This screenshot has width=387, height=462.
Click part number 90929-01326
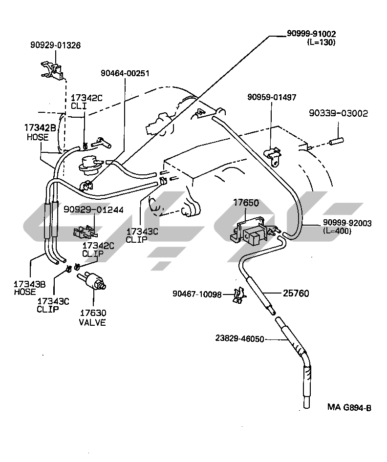click(x=55, y=45)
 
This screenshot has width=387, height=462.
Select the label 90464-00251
click(x=125, y=73)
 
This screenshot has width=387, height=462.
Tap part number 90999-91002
click(x=311, y=34)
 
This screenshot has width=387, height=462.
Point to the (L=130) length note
click(x=321, y=42)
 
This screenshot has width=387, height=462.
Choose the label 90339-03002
click(x=338, y=113)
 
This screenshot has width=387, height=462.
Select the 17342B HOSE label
click(x=40, y=132)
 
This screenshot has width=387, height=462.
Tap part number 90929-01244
click(x=93, y=210)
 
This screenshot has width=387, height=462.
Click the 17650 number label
click(x=246, y=203)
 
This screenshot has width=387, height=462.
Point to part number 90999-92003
click(x=347, y=223)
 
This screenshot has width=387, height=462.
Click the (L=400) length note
click(x=337, y=231)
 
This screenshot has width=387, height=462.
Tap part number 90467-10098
click(x=197, y=294)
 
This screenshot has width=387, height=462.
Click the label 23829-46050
click(x=239, y=338)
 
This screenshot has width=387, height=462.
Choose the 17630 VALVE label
click(x=93, y=317)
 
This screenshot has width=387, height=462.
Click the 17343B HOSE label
click(x=29, y=288)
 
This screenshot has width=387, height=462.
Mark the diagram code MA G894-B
click(x=349, y=407)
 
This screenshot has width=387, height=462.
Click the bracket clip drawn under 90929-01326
click(x=52, y=71)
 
